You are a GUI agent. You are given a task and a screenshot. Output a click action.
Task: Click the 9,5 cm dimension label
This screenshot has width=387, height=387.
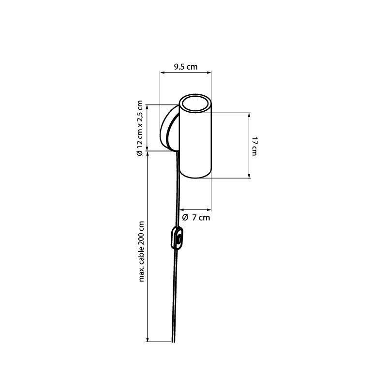point(186,67)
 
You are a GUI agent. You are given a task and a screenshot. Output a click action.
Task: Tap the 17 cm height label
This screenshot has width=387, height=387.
point(254,147)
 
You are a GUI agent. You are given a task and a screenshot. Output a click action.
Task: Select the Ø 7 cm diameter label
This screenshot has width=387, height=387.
point(196,217)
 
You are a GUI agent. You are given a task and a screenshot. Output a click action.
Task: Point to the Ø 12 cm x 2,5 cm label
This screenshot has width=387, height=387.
point(140,128)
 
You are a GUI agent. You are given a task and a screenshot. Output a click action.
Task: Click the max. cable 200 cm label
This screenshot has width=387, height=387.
point(141,252)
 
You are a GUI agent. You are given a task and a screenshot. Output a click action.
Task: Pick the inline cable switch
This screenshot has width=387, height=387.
point(177,238)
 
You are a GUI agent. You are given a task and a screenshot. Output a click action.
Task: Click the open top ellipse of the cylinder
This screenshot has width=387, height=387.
point(195,104)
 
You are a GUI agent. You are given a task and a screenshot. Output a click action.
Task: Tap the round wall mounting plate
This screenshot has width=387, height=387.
point(170,128)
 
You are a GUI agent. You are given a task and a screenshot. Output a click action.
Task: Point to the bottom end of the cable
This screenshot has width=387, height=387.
point(173,342)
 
